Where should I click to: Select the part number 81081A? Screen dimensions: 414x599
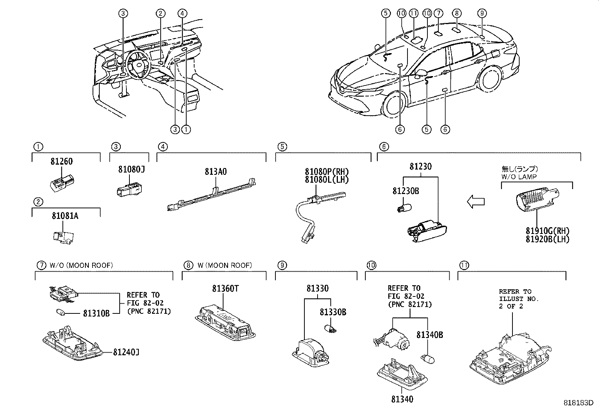(x=65, y=216)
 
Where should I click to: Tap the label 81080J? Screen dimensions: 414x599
(x=131, y=170)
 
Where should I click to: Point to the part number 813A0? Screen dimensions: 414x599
(x=216, y=172)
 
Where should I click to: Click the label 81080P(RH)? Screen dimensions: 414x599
(x=327, y=172)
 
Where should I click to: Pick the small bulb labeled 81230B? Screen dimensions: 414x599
(x=404, y=207)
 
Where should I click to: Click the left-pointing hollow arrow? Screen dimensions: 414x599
(x=476, y=202)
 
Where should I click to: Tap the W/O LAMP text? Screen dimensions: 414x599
(x=519, y=176)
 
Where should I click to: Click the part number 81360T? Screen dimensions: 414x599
(x=225, y=289)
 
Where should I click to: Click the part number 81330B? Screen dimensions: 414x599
(x=333, y=312)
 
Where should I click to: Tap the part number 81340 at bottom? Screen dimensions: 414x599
(x=402, y=399)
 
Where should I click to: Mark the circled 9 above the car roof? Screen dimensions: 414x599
(x=482, y=14)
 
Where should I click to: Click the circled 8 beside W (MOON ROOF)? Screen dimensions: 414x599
(x=187, y=265)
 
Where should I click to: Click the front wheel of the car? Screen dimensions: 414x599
(x=392, y=105)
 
